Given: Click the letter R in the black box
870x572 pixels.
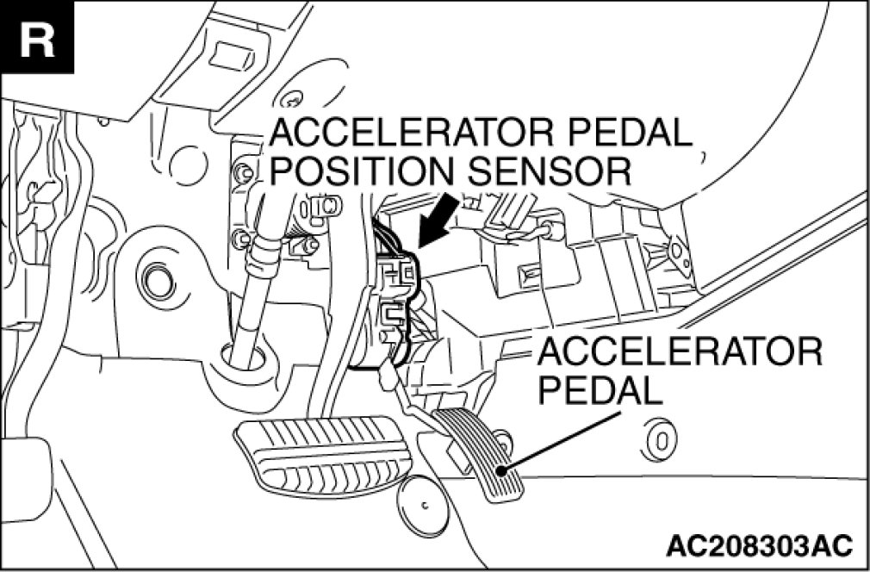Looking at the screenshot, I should pos(35,38).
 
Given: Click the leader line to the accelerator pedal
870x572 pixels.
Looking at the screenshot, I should pos(569,438).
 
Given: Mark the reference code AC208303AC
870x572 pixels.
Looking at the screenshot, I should pos(758,546).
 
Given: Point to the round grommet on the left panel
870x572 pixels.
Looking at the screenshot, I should pos(156,280).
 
